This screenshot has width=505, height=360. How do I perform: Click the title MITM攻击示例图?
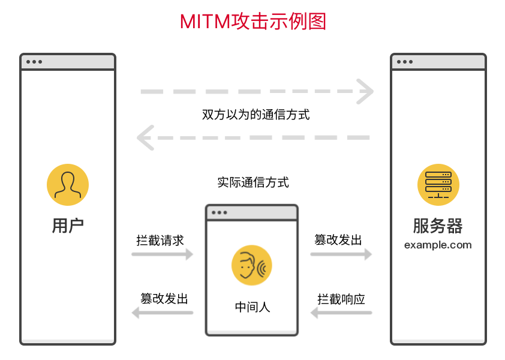click(252, 22)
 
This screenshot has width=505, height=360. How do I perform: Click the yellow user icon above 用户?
click(68, 184)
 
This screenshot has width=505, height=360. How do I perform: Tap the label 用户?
click(68, 226)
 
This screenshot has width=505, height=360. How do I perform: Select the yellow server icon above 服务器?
click(438, 184)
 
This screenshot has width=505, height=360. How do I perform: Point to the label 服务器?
click(438, 226)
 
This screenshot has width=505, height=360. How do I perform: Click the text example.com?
click(438, 245)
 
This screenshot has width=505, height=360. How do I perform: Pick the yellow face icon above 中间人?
click(252, 265)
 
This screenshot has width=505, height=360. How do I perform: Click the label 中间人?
click(252, 307)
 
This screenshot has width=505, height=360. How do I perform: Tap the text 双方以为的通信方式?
click(256, 115)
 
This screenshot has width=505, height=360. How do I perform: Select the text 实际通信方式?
click(252, 182)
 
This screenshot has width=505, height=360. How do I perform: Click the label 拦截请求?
click(160, 240)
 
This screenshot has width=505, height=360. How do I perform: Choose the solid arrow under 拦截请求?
click(162, 254)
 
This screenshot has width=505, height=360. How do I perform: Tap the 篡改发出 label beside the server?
click(338, 240)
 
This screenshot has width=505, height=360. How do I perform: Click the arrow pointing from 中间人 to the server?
click(341, 254)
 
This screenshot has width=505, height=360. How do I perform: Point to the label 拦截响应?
click(341, 299)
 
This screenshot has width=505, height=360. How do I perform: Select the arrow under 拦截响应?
click(341, 313)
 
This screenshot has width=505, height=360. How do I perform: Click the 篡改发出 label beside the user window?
click(164, 299)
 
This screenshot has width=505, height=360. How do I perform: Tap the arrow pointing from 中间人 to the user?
click(162, 313)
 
